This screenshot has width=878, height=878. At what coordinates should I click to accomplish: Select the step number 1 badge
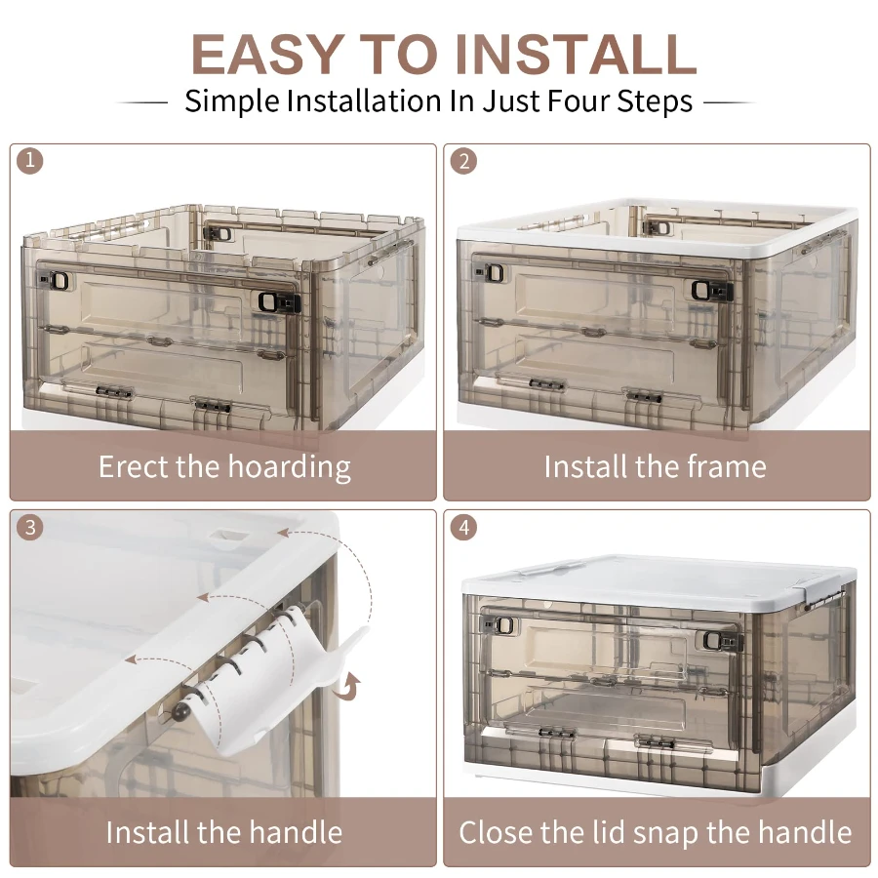(31, 161)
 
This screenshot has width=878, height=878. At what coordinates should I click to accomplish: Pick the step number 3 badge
(31, 527)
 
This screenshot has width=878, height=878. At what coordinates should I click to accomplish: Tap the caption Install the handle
(223, 832)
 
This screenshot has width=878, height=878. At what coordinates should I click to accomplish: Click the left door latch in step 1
(58, 281)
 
